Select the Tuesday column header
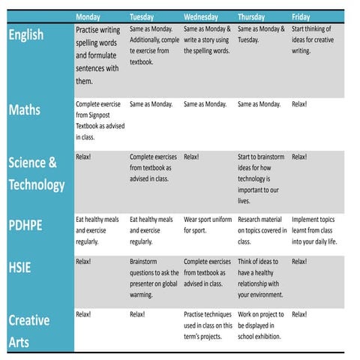coord(142,16)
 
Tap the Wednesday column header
coord(201,16)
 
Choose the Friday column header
coord(301,16)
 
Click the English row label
coord(26,34)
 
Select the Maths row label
coord(24,110)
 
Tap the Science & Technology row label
coord(36,173)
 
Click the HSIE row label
coord(19,266)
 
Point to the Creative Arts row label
coord(28,331)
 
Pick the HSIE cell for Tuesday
coord(154,277)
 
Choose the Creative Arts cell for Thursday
coord(262,325)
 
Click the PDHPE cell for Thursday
coord(262,231)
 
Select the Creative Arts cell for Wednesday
coord(208,325)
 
